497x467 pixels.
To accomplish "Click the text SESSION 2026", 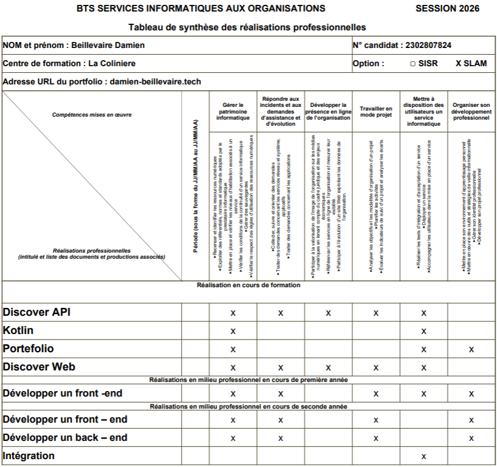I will (447, 9).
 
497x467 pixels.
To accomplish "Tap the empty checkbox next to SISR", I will (413, 64).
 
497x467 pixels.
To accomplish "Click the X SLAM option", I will (471, 63).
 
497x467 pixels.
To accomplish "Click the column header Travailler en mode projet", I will (375, 112).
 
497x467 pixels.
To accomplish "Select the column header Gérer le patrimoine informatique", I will (233, 111).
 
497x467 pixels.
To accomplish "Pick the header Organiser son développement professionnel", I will (471, 111).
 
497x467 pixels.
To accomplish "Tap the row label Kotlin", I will (18, 331).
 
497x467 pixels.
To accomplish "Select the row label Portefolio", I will (29, 349).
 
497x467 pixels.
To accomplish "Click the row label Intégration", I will (29, 456).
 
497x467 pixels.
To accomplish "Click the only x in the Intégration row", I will (423, 457).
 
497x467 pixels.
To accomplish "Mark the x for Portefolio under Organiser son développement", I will (471, 350).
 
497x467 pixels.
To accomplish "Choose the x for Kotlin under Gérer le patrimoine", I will (233, 332).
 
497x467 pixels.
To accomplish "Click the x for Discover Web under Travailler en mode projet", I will (375, 368).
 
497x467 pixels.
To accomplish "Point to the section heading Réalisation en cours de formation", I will (249, 285).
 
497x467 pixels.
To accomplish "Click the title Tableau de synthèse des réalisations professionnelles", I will (247, 27).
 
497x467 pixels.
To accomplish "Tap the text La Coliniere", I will (112, 64).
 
